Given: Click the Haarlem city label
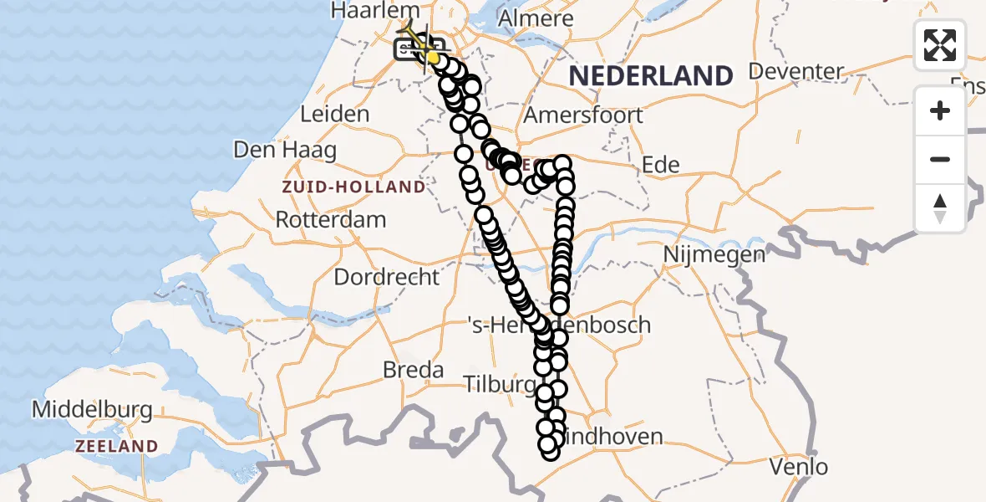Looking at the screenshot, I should [374, 11].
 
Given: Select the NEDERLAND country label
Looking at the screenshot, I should [651, 76].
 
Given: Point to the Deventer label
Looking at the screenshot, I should [796, 71].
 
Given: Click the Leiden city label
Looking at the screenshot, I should [335, 114].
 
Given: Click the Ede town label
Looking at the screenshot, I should [660, 165].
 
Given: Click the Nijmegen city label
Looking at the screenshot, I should [714, 254].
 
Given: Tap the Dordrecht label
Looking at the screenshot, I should [387, 277].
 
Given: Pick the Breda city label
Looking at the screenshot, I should [413, 369].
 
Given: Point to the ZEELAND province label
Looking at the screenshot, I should [117, 446].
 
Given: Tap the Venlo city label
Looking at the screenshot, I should [799, 466].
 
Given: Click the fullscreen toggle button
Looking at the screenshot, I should [940, 45].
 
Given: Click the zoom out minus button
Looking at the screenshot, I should [940, 159].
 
